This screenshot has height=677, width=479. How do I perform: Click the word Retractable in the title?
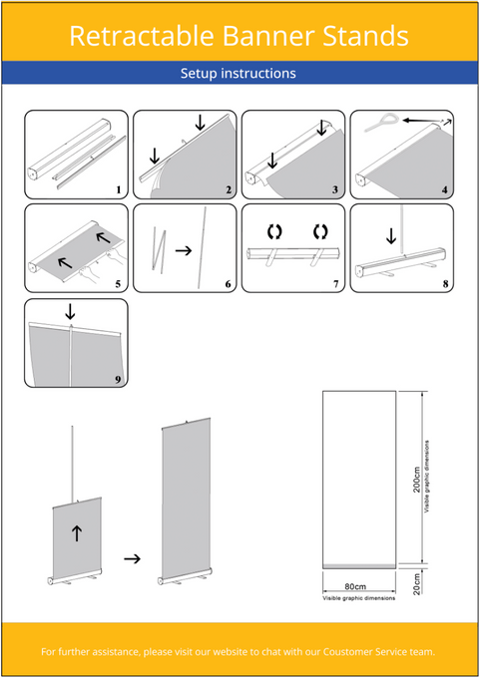[x=142, y=36]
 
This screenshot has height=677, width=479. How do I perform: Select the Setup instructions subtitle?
[x=239, y=73]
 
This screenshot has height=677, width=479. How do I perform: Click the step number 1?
[x=118, y=189]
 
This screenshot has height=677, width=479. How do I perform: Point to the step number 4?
[x=444, y=189]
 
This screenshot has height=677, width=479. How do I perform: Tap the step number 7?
[x=336, y=284]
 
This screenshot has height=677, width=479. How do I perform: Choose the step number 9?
[x=118, y=379]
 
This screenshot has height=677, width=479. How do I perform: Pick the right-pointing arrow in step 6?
[x=184, y=250]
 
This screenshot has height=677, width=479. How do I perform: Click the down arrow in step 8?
[x=391, y=235]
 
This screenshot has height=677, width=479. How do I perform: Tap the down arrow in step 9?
[x=70, y=311]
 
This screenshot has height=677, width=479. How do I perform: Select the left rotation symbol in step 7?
[x=274, y=232]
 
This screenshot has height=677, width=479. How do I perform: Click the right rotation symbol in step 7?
[x=320, y=232]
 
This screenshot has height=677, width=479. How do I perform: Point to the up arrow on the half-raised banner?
[x=77, y=533]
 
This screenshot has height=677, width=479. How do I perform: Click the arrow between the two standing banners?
[x=133, y=558]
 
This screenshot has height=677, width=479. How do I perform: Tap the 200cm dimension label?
[x=417, y=481]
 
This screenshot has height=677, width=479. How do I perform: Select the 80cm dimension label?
[x=355, y=586]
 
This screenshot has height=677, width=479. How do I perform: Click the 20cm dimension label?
[x=417, y=584]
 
